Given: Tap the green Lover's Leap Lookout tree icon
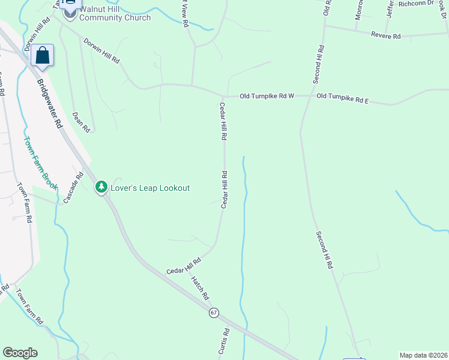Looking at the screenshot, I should point(101,188).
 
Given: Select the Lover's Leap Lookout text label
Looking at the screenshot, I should point(150,188).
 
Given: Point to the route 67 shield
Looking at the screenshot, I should point(214,313).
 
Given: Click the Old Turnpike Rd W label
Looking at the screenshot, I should point(267,96).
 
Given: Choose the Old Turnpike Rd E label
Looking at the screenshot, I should point(342,97).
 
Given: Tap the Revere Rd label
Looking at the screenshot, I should point(385,36).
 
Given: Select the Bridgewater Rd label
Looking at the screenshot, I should point(49,104).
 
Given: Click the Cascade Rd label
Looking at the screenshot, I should point(71,187).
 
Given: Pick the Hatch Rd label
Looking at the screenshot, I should point(200,288).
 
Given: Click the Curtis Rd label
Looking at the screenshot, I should point(223,341).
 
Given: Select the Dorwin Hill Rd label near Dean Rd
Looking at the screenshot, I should point(101,52).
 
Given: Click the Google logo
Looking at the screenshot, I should point(20,353).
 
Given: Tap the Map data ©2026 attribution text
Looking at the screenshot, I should point(423,355).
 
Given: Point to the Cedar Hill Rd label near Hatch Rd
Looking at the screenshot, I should point(184,262).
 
